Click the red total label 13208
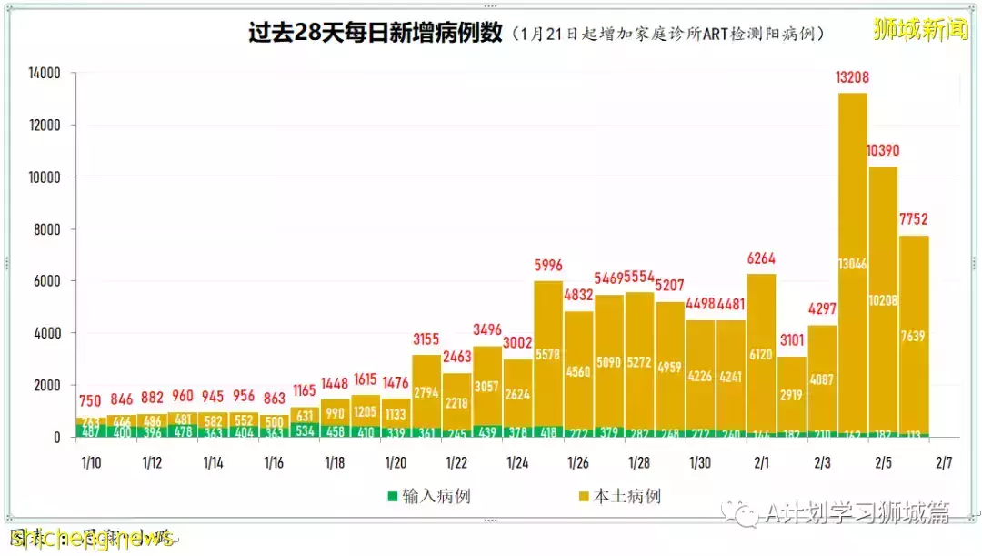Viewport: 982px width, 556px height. coord(852,77)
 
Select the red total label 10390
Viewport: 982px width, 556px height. coord(883,150)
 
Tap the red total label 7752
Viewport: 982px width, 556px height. coord(914,219)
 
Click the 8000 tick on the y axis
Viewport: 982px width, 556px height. coord(46,229)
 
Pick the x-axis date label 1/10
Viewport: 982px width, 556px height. coord(91,462)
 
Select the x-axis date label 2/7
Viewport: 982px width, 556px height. coord(944,462)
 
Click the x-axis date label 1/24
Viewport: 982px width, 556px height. coord(517,462)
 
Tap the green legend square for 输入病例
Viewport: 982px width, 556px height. coord(393,497)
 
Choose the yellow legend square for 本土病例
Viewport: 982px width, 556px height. coord(583,497)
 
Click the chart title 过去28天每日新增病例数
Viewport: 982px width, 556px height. coord(376,33)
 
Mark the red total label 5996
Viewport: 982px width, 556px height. coord(547,266)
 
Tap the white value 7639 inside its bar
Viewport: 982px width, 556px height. coord(914,337)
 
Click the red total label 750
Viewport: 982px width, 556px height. coord(90,400)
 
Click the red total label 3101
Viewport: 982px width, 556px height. coord(791,340)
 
